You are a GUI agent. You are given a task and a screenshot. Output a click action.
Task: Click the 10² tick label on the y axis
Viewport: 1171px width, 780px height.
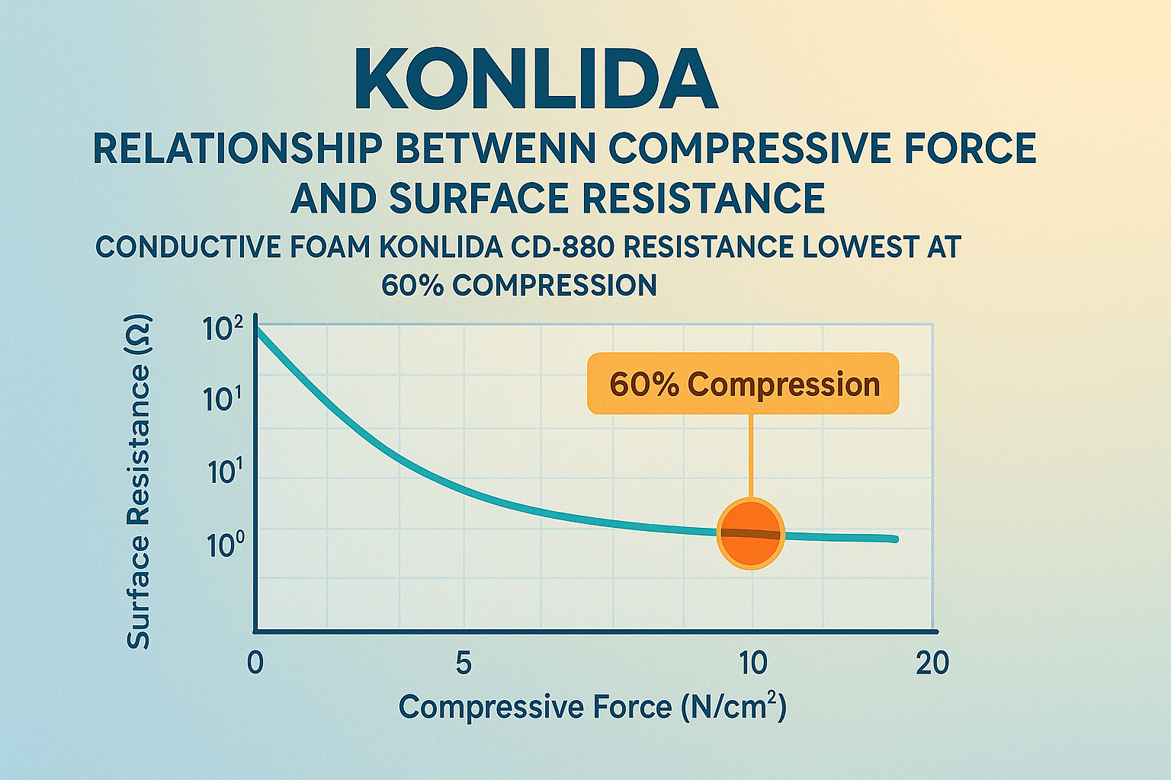(223, 330)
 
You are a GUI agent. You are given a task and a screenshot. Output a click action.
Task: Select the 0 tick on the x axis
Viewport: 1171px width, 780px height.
(255, 663)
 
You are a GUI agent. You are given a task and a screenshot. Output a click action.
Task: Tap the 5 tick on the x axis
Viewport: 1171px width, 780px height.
(464, 663)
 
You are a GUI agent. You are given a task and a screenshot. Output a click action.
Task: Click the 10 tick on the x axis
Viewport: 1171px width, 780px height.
(752, 663)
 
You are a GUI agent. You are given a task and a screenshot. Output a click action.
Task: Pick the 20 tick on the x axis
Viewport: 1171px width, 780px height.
(932, 663)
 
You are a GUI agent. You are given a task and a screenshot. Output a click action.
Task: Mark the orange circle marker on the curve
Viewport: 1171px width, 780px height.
(751, 534)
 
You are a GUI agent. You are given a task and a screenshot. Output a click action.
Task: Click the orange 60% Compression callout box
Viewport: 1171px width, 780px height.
(743, 384)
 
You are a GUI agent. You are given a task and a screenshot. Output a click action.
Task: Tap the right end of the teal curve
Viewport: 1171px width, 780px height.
(894, 539)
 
